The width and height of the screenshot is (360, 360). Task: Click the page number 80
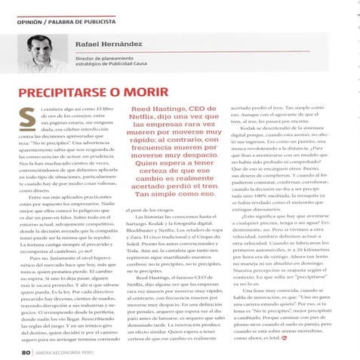coord(26,351)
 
